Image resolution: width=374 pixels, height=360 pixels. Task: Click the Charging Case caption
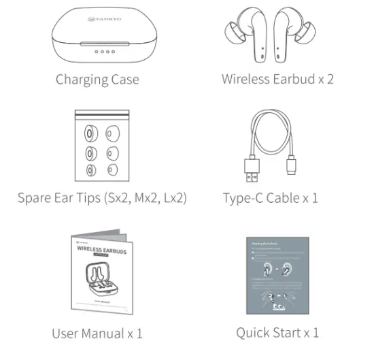click(97, 80)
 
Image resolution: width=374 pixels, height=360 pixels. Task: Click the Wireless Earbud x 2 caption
click(277, 79)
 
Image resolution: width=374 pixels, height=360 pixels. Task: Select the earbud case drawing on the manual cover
click(99, 280)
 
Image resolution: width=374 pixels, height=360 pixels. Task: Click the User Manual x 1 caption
click(97, 333)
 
